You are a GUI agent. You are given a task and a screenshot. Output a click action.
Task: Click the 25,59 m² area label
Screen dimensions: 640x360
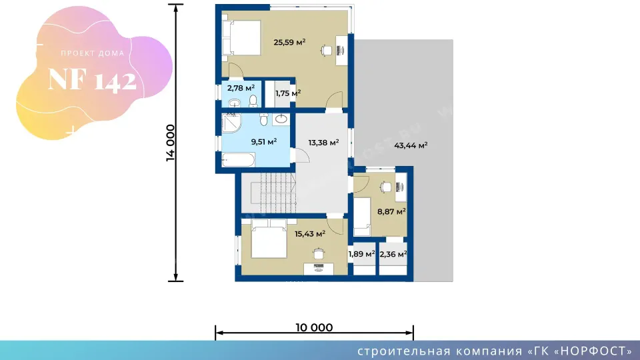[289, 42]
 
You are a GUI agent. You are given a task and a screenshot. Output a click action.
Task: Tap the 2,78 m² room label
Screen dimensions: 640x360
[241, 88]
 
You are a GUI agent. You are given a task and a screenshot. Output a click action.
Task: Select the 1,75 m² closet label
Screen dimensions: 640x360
[288, 93]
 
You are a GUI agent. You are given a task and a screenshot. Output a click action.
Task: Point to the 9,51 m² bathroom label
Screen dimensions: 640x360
[264, 141]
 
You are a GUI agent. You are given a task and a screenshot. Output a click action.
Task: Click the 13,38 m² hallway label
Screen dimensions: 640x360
[323, 143]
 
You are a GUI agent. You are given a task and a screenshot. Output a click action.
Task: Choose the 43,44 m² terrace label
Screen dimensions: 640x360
[411, 145]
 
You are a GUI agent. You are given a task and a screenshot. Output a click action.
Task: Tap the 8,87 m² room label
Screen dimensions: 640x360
[391, 211]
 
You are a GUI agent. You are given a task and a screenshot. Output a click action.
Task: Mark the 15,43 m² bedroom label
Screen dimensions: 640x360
[310, 234]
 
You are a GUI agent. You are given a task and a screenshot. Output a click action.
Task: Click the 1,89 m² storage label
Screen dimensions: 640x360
[361, 254]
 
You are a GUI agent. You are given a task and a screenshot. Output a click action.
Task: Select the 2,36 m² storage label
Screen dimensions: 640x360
[393, 254]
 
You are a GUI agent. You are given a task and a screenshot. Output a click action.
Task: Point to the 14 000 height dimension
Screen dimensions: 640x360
[170, 143]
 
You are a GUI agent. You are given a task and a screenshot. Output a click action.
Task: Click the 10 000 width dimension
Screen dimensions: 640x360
[314, 327]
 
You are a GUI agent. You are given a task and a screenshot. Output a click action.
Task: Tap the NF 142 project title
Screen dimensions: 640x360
[92, 79]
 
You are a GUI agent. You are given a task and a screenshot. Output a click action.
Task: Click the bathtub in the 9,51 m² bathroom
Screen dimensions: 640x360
[239, 159]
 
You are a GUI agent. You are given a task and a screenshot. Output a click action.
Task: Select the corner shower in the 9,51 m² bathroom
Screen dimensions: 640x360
[231, 123]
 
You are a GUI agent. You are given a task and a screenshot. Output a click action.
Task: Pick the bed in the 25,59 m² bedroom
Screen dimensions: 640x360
[241, 37]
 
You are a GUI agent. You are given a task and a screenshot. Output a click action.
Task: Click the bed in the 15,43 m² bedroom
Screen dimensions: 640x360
[269, 239]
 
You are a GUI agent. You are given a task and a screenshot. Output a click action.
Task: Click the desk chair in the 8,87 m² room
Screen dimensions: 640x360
[385, 187]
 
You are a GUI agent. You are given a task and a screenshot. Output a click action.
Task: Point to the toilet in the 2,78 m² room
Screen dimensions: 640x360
[253, 101]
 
